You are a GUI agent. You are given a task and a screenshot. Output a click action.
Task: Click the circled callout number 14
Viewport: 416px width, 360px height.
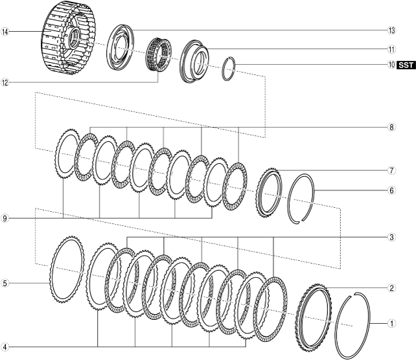(x=5, y=32)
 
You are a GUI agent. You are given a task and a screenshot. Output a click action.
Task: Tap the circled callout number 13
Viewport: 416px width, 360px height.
(x=391, y=30)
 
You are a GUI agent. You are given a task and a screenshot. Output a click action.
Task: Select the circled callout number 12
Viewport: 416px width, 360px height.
(x=5, y=82)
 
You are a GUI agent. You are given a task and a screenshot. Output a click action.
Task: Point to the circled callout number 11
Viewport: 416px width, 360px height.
(x=391, y=49)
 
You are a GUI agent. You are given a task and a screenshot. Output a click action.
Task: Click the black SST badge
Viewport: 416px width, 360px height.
(x=406, y=65)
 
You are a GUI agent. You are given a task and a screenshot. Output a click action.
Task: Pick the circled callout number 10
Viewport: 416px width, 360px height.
(x=391, y=65)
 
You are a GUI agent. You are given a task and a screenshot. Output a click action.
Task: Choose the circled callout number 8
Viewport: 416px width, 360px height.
(x=391, y=128)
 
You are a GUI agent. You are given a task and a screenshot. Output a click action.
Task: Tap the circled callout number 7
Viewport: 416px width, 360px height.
(x=391, y=170)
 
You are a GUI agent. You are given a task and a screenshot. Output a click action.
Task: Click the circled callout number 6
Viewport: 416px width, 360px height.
(x=391, y=190)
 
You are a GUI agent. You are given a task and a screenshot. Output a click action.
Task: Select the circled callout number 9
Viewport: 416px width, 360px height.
(x=5, y=219)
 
